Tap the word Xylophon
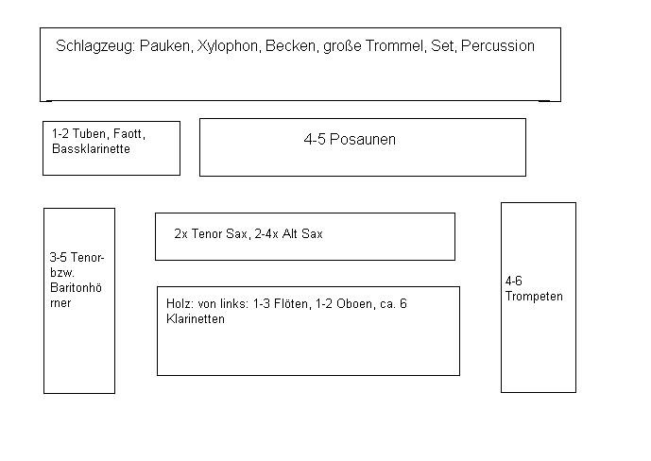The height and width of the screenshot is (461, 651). [228, 45]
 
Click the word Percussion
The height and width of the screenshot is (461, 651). [497, 45]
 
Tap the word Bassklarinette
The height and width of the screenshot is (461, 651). [91, 148]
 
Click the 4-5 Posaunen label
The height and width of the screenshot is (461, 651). [350, 140]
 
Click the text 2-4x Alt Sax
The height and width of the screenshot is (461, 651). [288, 233]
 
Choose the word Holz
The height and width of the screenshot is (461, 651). [179, 304]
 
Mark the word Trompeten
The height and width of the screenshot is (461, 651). [534, 296]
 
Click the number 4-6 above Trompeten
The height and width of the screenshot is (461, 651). [514, 281]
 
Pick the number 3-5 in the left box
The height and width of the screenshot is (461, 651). [59, 257]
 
